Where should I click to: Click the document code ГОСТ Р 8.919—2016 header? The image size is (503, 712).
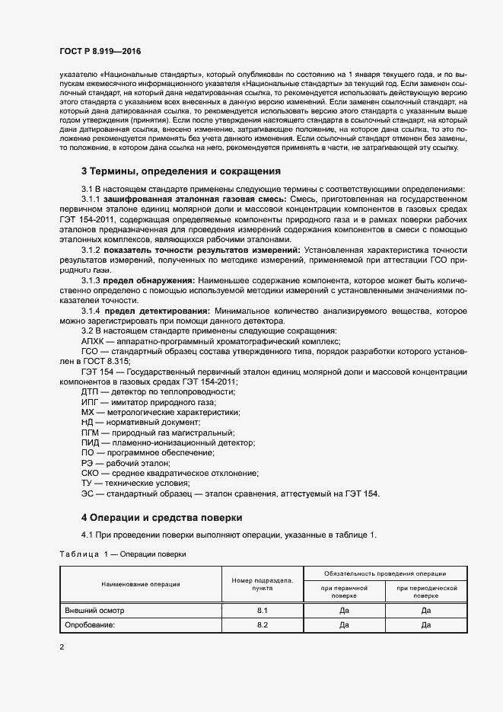[100, 51]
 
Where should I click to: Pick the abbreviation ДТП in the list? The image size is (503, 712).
[91, 391]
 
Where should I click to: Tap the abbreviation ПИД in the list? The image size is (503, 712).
[91, 442]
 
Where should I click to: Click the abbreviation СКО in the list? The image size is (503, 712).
[91, 473]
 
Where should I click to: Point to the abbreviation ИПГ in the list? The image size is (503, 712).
[91, 402]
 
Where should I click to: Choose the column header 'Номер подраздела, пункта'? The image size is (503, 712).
[263, 584]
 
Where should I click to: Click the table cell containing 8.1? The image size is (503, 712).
[263, 611]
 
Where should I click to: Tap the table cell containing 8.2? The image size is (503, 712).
[263, 625]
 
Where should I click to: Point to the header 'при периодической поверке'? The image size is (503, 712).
[426, 592]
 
